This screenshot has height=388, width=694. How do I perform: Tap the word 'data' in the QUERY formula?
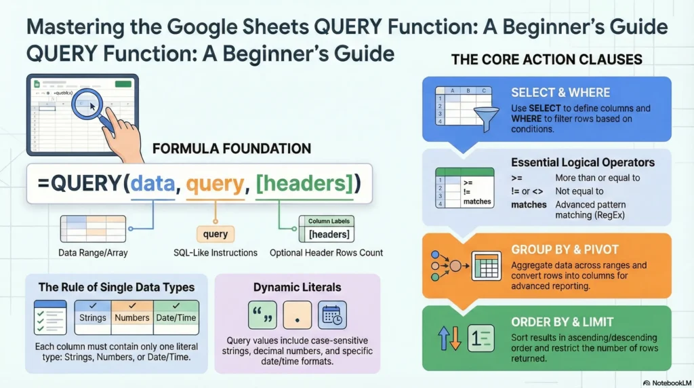coord(152,183)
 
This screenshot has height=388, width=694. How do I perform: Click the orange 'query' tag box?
coord(215,235)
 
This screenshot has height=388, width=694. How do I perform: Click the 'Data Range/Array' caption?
coord(93,253)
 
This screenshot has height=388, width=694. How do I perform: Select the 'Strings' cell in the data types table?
coord(93,317)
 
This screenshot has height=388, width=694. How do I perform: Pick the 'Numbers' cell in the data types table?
coord(132,317)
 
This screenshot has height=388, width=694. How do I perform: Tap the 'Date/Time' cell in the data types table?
coord(176,317)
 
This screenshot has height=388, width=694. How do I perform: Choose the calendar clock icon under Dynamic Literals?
coord(331,315)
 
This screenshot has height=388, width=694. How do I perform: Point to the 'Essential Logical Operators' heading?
coord(582,163)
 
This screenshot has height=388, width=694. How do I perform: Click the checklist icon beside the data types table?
coord(50,317)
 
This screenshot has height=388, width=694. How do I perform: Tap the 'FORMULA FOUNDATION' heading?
coord(232,149)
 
